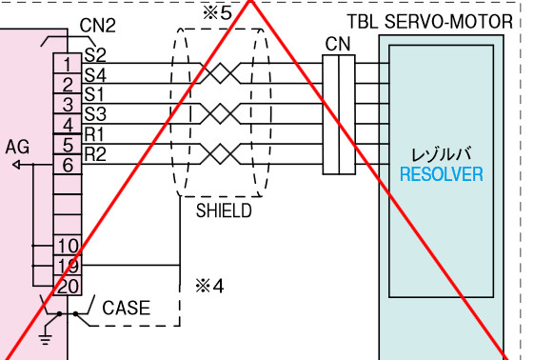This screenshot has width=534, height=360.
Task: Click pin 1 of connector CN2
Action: pyautogui.click(x=68, y=64)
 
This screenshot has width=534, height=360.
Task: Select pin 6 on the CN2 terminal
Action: pyautogui.click(x=68, y=165)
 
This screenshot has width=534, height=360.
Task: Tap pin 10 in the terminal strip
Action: pyautogui.click(x=68, y=245)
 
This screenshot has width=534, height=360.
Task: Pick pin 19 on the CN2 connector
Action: pyautogui.click(x=68, y=266)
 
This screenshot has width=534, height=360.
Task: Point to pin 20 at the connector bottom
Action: pyautogui.click(x=68, y=286)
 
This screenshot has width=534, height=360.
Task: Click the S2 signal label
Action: pyautogui.click(x=95, y=55)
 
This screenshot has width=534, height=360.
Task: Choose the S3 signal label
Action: pyautogui.click(x=95, y=114)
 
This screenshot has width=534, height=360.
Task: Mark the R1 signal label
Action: pyautogui.click(x=94, y=134)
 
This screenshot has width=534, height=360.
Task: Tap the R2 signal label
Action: pyautogui.click(x=95, y=154)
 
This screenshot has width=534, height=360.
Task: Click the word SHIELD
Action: pyautogui.click(x=224, y=210)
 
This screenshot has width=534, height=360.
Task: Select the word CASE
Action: pyautogui.click(x=126, y=308)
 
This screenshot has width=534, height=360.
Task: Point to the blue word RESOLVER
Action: pyautogui.click(x=442, y=174)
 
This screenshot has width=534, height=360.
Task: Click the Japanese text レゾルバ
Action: pyautogui.click(x=442, y=154)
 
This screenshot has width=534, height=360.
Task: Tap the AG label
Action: pyautogui.click(x=17, y=147)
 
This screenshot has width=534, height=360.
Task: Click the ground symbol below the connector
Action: pyautogui.click(x=46, y=339)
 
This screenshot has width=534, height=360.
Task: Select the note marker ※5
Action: pyautogui.click(x=217, y=13)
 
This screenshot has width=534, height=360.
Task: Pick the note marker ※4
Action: pyautogui.click(x=209, y=286)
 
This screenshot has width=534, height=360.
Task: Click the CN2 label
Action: pyautogui.click(x=97, y=25)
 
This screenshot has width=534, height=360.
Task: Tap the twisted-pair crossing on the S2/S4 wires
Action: pyautogui.click(x=220, y=73)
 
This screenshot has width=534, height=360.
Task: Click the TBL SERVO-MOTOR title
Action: pyautogui.click(x=430, y=22)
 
